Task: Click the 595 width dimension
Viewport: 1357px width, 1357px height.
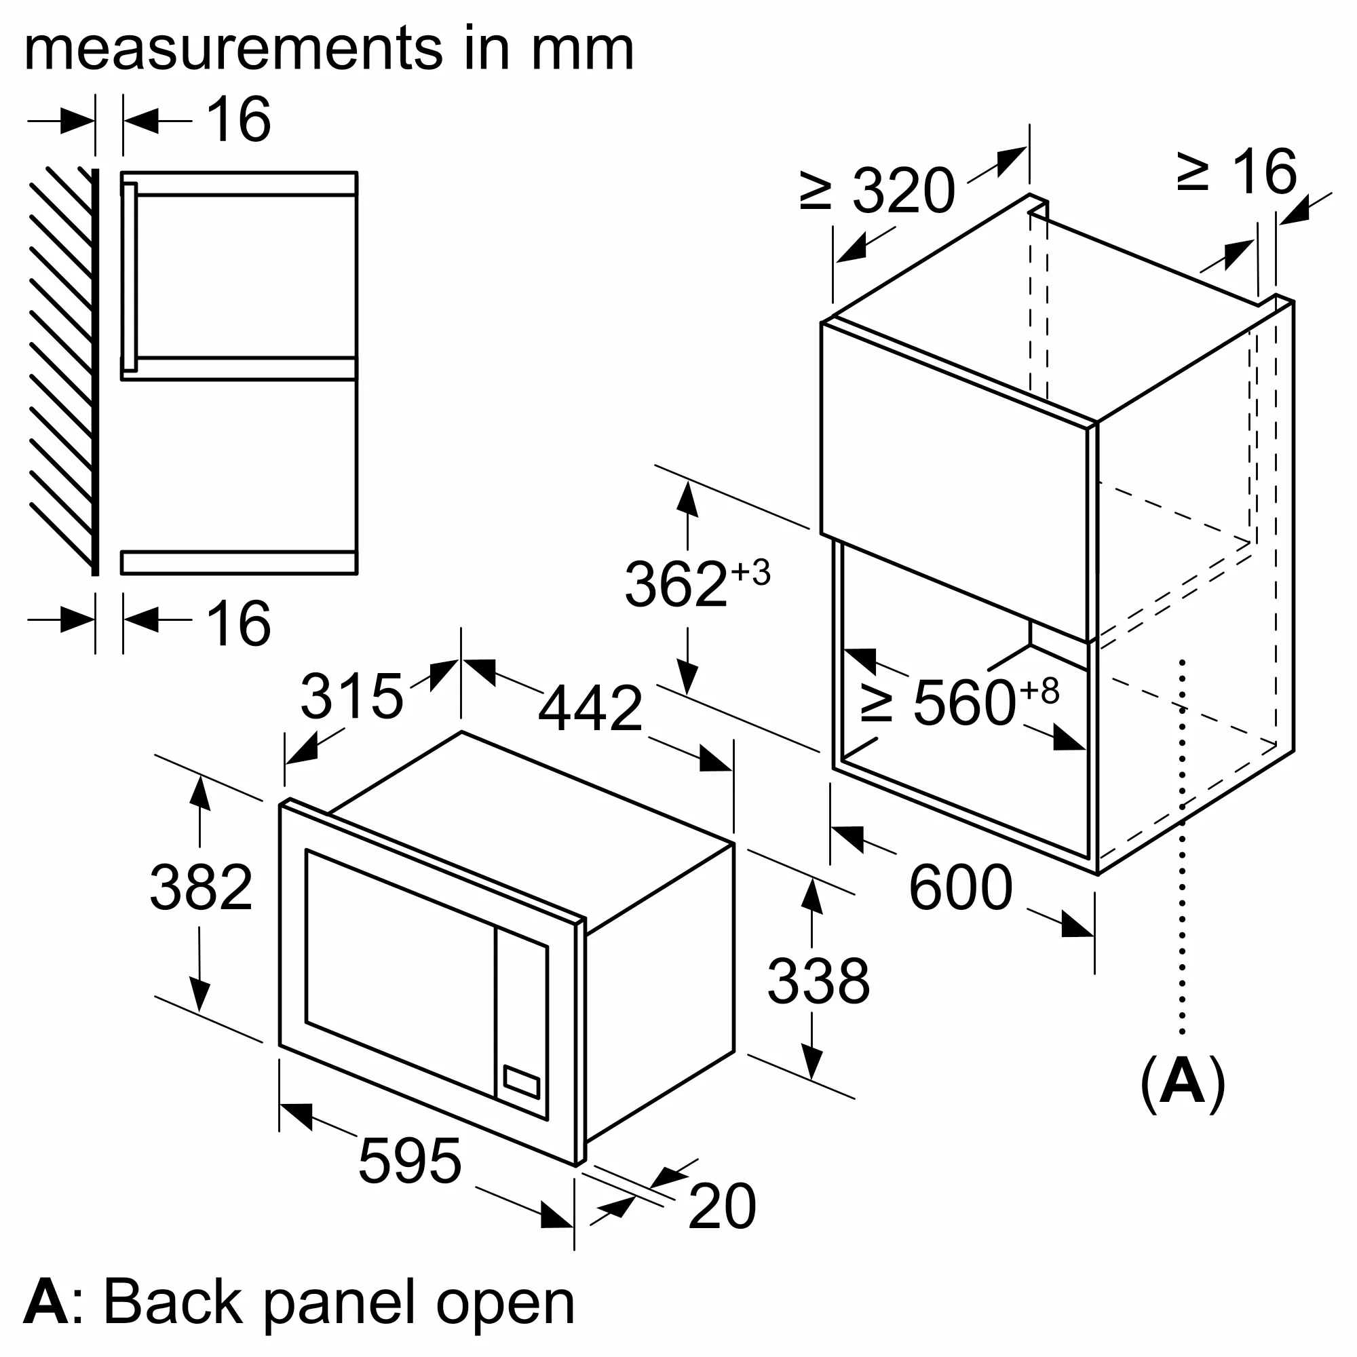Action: [x=410, y=1161]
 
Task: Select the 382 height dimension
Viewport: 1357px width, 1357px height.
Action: [x=201, y=887]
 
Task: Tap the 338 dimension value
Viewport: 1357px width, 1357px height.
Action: [x=818, y=981]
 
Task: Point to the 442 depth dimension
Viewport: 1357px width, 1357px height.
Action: [x=590, y=708]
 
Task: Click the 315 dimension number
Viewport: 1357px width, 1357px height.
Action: [x=351, y=696]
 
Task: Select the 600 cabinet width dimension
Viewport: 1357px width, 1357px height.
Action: [x=960, y=889]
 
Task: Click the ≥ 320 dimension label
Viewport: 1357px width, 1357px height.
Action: [x=878, y=191]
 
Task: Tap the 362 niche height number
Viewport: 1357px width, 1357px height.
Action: [x=675, y=584]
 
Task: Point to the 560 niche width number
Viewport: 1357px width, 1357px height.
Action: [x=963, y=702]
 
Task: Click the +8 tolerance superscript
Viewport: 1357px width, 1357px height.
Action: [x=1039, y=691]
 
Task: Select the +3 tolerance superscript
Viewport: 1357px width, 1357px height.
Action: [x=751, y=573]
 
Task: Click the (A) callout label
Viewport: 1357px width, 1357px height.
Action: [x=1183, y=1084]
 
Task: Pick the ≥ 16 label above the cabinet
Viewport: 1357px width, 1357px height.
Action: [x=1237, y=172]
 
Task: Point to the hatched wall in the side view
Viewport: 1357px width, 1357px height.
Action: [x=62, y=365]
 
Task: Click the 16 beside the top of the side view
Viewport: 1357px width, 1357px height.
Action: [x=239, y=120]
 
